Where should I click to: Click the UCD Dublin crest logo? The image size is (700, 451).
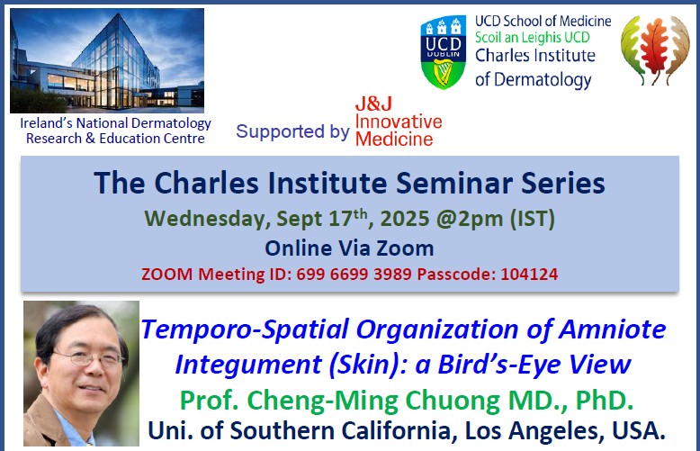point(443,52)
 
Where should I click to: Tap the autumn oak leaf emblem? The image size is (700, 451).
point(657,50)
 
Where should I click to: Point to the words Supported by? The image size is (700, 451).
point(292,131)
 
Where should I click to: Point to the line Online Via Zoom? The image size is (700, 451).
point(349,248)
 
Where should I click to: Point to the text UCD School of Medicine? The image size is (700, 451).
point(543,21)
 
